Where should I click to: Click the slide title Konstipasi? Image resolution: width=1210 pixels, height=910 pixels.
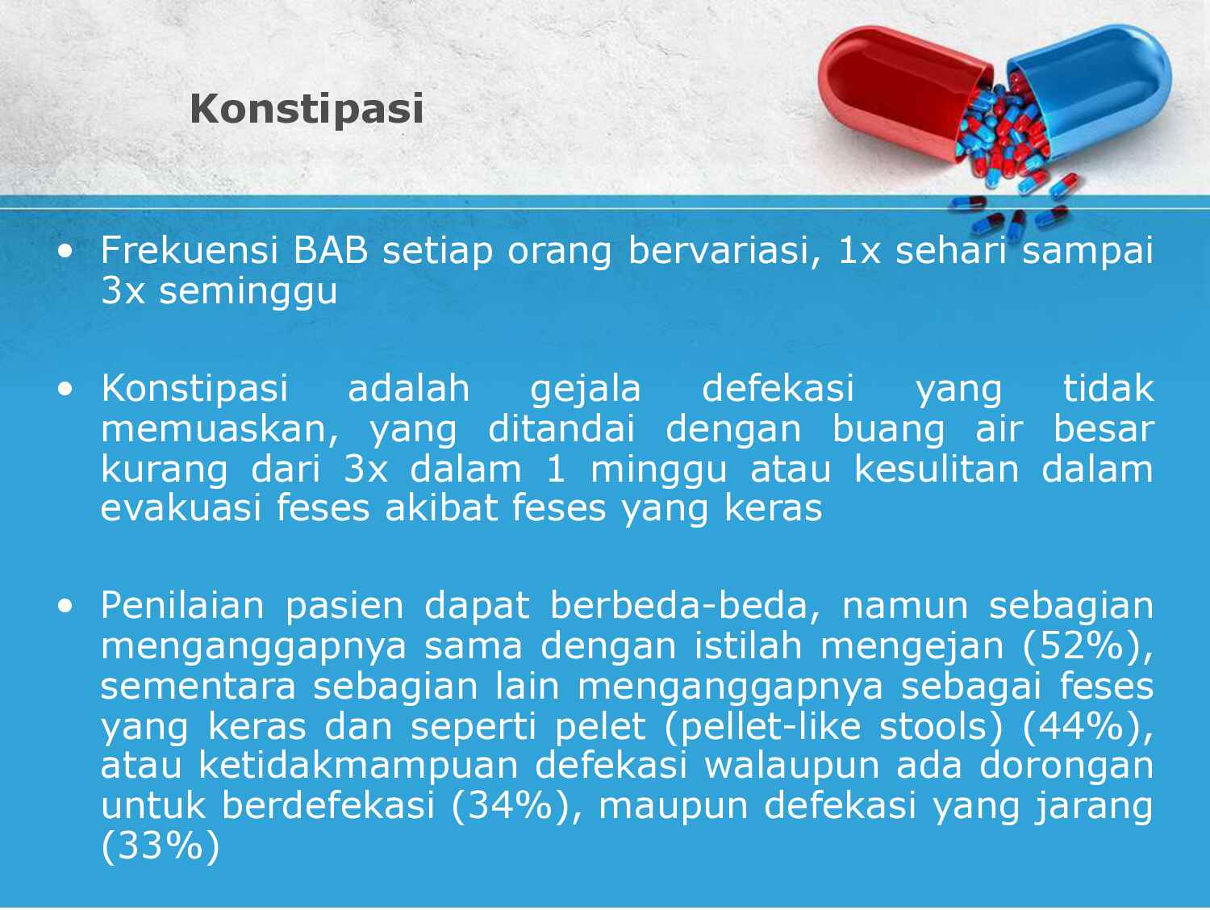(307, 108)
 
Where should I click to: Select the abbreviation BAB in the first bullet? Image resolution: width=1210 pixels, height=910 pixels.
(330, 251)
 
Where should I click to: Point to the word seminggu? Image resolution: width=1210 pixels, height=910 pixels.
(248, 290)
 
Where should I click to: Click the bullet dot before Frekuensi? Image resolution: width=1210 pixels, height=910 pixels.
(65, 252)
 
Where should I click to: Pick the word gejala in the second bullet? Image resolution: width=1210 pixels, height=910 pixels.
(586, 388)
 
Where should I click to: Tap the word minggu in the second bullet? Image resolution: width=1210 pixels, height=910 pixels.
(658, 469)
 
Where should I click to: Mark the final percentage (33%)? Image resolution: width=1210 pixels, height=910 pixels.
(161, 846)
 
